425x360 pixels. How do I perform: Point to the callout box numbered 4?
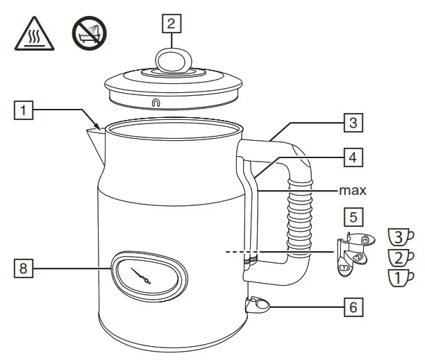coord(353,157)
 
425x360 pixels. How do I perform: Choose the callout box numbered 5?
coord(353,216)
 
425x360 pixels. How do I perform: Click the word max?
coord(352,189)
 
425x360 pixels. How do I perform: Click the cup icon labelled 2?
coord(399,258)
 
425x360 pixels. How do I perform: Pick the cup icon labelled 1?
coord(399,278)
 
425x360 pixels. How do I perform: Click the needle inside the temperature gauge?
coord(145,275)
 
